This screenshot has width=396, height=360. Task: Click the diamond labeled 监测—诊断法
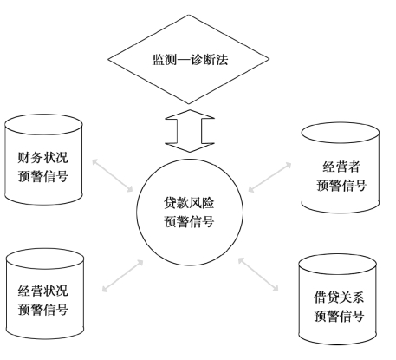click(189, 59)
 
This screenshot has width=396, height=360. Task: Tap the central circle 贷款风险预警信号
click(190, 212)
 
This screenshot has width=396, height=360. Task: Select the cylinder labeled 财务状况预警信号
click(43, 160)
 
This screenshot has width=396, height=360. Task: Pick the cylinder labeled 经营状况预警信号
click(45, 293)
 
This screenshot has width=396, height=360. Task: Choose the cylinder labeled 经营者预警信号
click(341, 167)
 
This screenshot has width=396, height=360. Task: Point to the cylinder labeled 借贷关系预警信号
click(338, 299)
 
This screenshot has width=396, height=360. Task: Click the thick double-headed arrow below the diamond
click(190, 131)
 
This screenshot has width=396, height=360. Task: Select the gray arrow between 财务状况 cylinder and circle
click(113, 175)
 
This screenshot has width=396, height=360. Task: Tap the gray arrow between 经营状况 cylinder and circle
click(123, 276)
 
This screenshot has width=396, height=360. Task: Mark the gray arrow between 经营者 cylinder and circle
click(269, 177)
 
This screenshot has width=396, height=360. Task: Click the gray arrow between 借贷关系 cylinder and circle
click(258, 274)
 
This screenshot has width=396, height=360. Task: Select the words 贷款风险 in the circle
click(189, 203)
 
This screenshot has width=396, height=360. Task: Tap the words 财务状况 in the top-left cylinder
click(43, 158)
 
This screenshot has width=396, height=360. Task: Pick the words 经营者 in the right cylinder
click(341, 167)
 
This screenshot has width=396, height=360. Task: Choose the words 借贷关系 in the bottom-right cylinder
click(339, 298)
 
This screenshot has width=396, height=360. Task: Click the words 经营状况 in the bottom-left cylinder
click(43, 291)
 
